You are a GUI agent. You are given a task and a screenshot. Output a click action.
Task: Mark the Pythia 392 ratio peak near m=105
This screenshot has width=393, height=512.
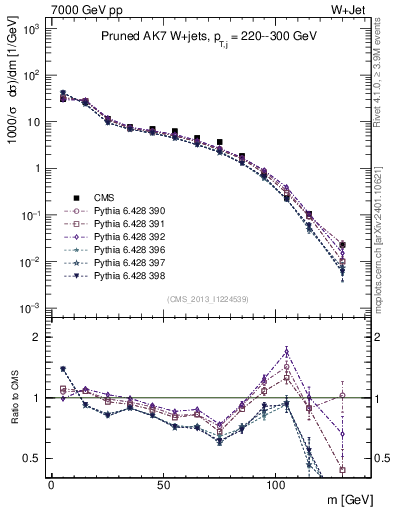[x=287, y=351]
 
